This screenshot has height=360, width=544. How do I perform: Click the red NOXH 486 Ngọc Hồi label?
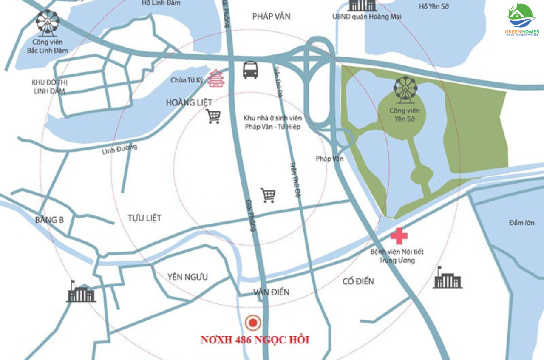(x=255, y=340)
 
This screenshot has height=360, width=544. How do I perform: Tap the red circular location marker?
(x=253, y=323)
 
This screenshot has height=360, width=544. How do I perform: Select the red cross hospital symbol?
(x=399, y=235)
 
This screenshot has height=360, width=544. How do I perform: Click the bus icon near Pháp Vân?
(x=250, y=70)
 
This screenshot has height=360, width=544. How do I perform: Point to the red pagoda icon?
(x=216, y=79)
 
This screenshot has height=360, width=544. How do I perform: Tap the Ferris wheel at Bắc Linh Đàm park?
(x=48, y=23)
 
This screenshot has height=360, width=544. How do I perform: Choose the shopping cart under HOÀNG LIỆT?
(x=213, y=116)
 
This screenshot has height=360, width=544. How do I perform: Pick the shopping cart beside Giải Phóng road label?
(x=268, y=195)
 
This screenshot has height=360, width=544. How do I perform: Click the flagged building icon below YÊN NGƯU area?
(x=81, y=292)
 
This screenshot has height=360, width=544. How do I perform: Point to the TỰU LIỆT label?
(x=144, y=218)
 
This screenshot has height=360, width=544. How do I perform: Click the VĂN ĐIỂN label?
(x=271, y=292)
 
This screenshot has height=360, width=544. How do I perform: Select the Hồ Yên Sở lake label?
(x=434, y=6)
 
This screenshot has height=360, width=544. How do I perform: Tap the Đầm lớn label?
(x=521, y=223)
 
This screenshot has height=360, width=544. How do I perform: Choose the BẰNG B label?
(x=49, y=220)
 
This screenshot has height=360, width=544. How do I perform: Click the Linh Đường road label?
(x=120, y=149)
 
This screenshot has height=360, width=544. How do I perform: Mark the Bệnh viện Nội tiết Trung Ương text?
(x=397, y=256)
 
